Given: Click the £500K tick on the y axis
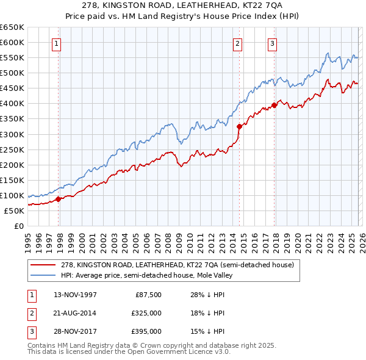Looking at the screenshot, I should (x=12, y=73).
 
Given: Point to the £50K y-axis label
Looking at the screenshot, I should (x=14, y=211).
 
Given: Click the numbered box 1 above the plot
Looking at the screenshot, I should (x=56, y=43).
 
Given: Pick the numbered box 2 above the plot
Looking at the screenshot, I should (x=237, y=43).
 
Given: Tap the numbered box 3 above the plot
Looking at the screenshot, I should (x=272, y=43).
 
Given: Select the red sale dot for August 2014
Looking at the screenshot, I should (x=239, y=126).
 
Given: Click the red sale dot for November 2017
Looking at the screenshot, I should (x=274, y=105).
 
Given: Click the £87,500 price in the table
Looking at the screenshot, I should (x=148, y=295).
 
